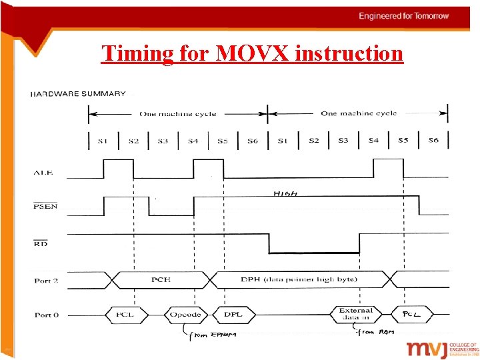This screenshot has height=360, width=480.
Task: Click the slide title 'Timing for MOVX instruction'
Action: pyautogui.click(x=252, y=53)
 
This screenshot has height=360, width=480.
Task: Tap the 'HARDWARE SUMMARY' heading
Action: pyautogui.click(x=78, y=94)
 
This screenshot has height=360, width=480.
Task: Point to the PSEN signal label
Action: pyautogui.click(x=45, y=207)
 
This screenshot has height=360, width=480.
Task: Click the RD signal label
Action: pyautogui.click(x=41, y=244)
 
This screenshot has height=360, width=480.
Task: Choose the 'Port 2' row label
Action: pyautogui.click(x=46, y=281)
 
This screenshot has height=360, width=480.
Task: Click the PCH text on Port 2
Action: pyautogui.click(x=161, y=279)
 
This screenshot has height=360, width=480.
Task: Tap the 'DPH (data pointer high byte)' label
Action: pyautogui.click(x=297, y=279)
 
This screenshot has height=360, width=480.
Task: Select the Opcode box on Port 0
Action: pyautogui.click(x=181, y=313)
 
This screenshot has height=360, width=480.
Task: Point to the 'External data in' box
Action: pyautogui.click(x=355, y=314)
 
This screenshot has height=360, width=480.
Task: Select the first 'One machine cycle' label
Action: pyautogui.click(x=177, y=113)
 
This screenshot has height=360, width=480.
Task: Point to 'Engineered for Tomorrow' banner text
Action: pyautogui.click(x=404, y=16)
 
